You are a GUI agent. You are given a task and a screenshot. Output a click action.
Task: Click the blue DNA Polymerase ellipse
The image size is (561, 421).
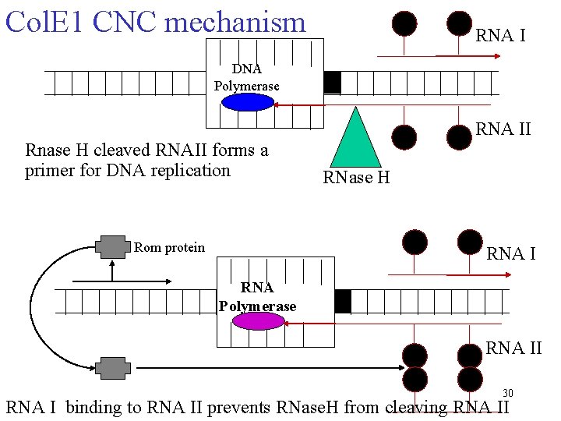247,102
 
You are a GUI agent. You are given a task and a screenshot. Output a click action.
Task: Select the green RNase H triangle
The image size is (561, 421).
356,140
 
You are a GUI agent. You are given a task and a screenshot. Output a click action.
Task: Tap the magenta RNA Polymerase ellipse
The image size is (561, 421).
258,320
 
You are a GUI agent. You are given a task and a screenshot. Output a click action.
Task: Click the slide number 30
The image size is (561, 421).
507,392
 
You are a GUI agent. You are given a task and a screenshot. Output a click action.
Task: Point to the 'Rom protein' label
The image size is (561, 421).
169,248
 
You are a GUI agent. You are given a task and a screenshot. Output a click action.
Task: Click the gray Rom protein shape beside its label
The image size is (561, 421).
113,248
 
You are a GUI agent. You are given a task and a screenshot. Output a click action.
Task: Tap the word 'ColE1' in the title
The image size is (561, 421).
44,22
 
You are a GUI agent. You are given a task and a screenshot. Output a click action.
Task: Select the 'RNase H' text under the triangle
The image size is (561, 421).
356,179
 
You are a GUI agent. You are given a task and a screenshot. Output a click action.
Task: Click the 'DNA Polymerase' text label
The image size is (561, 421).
246,77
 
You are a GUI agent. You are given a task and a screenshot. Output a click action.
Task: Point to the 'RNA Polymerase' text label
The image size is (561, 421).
257,297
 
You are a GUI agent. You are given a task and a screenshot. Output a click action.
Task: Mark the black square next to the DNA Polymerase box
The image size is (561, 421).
332,82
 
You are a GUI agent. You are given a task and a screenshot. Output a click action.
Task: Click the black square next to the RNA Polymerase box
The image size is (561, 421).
342,301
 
